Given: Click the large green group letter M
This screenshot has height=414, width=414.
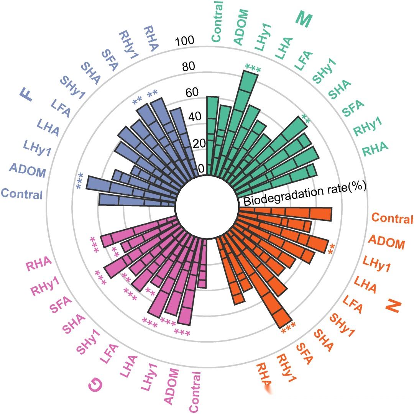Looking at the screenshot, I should pyautogui.click(x=303, y=19).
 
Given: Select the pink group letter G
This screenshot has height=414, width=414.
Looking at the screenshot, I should pyautogui.click(x=95, y=386).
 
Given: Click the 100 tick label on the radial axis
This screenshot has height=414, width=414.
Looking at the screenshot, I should pyautogui.click(x=185, y=41).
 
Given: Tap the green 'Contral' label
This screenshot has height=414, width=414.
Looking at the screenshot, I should pyautogui.click(x=217, y=21).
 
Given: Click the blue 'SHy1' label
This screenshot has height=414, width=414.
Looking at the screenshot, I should pyautogui.click(x=72, y=88).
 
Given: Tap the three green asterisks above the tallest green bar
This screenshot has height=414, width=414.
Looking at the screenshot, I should pyautogui.click(x=253, y=69).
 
